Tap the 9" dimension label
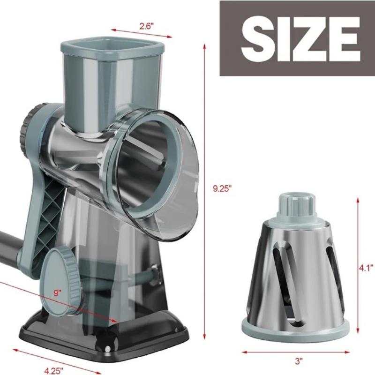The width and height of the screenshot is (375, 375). point(58,293)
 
